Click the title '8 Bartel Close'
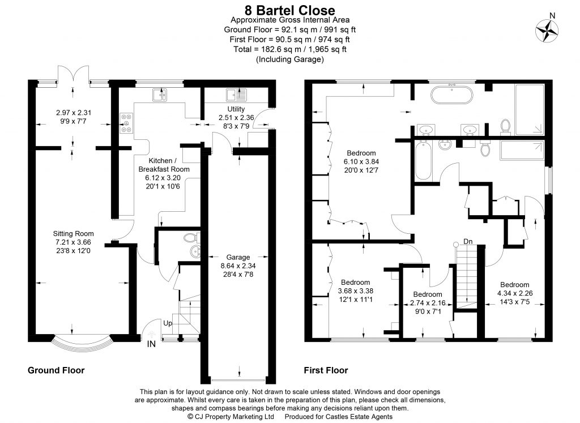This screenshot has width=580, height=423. [289, 10]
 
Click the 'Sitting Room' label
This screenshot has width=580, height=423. [73, 233]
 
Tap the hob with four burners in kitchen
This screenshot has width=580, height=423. [125, 123]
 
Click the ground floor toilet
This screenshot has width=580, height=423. [190, 238]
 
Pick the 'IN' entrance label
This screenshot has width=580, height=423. [151, 344]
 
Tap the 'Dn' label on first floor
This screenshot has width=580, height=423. [468, 241]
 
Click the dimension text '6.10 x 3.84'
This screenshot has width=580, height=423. [361, 162]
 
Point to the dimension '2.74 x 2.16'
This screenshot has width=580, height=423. [427, 303]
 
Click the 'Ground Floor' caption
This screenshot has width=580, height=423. [56, 370]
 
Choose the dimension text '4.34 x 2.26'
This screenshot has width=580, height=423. [514, 293]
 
